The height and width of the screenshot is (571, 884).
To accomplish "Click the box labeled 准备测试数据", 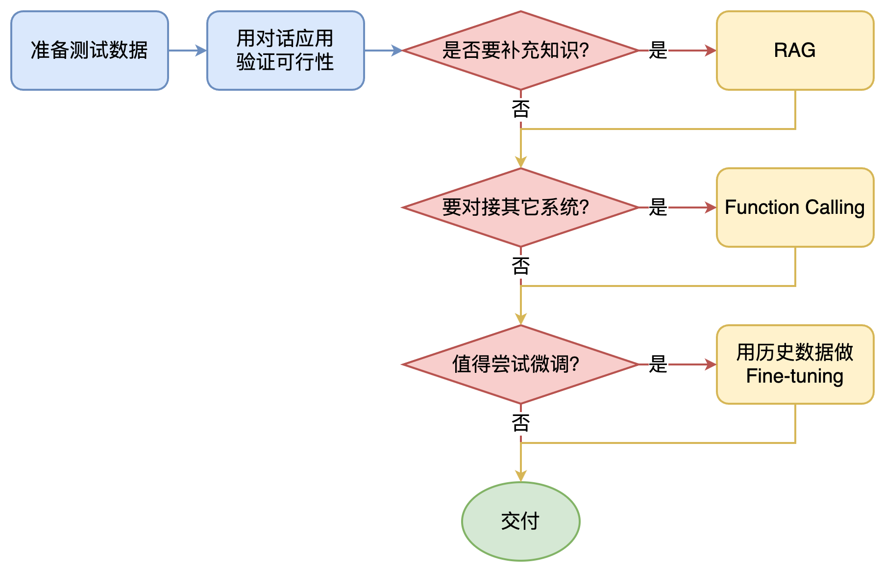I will click(90, 51).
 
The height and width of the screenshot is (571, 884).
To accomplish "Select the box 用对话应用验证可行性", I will click(285, 51).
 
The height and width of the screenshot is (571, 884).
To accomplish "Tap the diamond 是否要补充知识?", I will click(520, 51).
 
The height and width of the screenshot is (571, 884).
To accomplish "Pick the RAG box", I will click(795, 51).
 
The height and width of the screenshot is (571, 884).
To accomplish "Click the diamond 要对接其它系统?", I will click(520, 208).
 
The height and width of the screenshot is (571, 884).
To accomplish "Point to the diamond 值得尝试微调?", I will click(520, 364).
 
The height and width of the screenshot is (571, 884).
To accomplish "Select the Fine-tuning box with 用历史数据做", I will click(795, 364).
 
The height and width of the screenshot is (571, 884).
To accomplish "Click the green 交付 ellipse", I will click(520, 521).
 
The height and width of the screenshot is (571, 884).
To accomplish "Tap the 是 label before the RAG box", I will click(658, 51).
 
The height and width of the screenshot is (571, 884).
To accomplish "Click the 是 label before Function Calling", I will click(658, 208).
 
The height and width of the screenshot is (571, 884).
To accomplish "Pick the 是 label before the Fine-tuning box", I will click(658, 364).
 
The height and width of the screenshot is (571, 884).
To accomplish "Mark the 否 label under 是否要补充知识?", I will click(521, 109).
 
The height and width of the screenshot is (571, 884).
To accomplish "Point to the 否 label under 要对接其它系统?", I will click(521, 266).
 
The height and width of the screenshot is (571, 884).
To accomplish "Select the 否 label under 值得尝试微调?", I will click(521, 423).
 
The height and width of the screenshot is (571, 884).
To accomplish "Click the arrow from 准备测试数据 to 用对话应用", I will click(187, 51).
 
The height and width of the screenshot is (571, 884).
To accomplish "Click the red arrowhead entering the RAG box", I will click(711, 51).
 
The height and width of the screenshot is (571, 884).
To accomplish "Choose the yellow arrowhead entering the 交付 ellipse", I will click(521, 476).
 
